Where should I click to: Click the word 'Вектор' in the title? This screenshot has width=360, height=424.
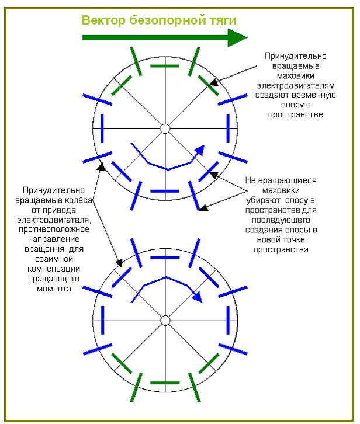coord(103,20)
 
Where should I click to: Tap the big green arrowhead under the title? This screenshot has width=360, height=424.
coord(237,37)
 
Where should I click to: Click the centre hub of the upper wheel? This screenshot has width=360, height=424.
coord(165,128)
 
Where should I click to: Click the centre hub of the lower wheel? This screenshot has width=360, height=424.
coord(165,321)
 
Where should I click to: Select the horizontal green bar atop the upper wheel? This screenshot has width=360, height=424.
coord(165,66)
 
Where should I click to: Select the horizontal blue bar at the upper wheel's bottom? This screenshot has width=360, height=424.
coord(165,191)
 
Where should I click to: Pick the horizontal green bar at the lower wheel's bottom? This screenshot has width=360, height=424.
coord(165,383)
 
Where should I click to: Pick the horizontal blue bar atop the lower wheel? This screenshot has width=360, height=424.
coord(165,258)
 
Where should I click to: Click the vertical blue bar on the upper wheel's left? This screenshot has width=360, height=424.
coord(102,128)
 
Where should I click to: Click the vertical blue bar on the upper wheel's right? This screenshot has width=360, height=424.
coord(228,128)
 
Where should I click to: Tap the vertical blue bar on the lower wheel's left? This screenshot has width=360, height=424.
coord(102,320)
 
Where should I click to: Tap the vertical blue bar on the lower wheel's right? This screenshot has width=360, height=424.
coord(228,320)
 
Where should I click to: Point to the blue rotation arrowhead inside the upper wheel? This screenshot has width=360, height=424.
coord(200,150)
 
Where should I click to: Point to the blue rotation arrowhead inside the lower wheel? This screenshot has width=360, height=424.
coord(197,296)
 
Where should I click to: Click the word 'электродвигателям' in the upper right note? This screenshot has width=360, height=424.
coord(296,85)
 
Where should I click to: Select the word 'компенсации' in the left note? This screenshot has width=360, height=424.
coord(54,269)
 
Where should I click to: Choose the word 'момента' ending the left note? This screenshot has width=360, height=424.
coord(54,289)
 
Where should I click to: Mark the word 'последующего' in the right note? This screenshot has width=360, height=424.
coord(281,220)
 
